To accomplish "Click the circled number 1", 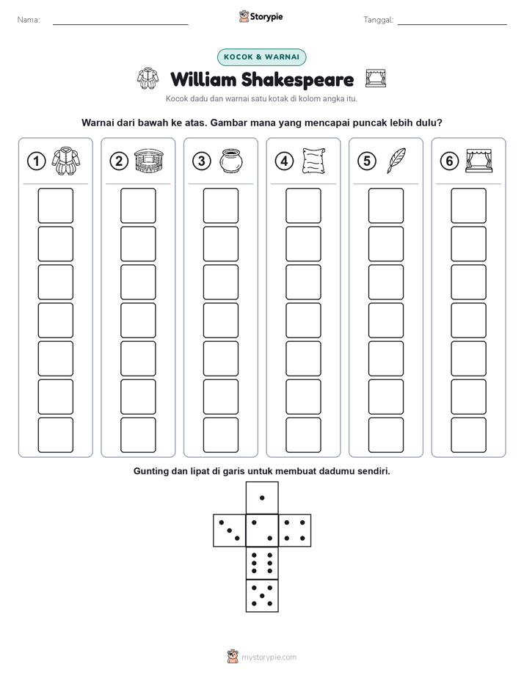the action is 36,161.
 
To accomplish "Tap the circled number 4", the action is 284,161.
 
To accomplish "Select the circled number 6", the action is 449,161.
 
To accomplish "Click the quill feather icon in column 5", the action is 396,161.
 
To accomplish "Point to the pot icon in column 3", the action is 231,161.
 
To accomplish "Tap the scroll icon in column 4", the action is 314,161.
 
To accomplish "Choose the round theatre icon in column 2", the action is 149,161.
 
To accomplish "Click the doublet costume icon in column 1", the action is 66,161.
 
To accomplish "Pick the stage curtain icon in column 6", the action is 479,161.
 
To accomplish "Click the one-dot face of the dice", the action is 262,497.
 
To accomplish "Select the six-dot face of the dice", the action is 262,563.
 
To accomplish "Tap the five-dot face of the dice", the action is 262,596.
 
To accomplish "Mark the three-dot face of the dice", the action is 230,531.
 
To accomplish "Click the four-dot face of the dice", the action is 295,531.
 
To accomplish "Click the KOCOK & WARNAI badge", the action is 261,57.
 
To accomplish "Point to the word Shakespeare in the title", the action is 297,80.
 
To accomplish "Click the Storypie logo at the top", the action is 261,17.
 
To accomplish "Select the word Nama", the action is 29,20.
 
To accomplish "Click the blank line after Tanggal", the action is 452,24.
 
